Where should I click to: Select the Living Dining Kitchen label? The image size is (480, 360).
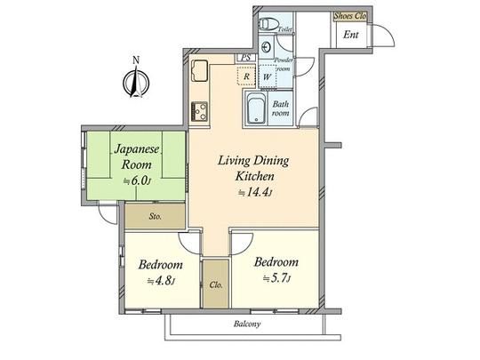[x=248, y=169]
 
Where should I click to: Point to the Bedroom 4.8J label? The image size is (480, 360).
[x=160, y=265]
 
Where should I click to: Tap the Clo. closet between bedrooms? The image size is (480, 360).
[x=215, y=284]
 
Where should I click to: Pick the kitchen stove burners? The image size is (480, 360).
[x=198, y=111]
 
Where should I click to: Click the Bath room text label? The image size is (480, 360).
[x=281, y=108]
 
